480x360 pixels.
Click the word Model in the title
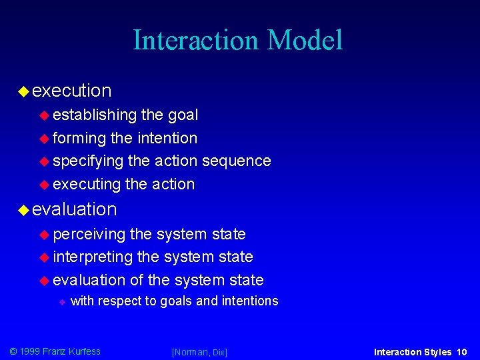(x=305, y=40)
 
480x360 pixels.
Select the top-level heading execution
(x=71, y=90)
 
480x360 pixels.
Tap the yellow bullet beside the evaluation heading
(x=23, y=210)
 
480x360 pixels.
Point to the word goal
(x=183, y=115)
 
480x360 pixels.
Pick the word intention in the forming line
(x=167, y=138)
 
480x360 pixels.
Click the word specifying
(x=88, y=161)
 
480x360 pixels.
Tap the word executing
(x=86, y=184)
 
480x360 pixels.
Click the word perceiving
(x=89, y=235)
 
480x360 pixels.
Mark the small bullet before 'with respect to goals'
(x=61, y=302)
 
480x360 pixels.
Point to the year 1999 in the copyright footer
(x=31, y=351)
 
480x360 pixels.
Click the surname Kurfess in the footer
(x=81, y=351)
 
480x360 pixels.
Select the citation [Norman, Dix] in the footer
(x=199, y=352)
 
